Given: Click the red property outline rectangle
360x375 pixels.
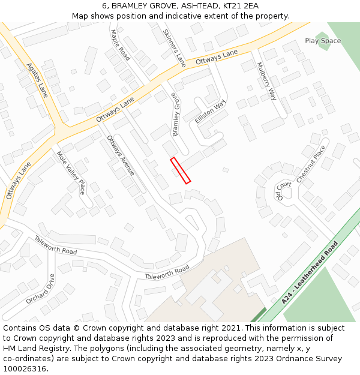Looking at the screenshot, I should click(x=181, y=170).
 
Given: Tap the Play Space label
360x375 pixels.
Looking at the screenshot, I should click(x=322, y=41).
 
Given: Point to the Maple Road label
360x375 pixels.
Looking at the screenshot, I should click(x=120, y=45).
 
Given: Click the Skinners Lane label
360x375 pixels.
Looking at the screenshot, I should click(x=175, y=47).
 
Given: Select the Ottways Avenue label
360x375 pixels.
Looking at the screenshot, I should click(x=120, y=155).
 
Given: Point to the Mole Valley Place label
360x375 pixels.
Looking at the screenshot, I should click(x=71, y=172).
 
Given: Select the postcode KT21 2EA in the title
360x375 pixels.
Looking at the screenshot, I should click(x=239, y=5).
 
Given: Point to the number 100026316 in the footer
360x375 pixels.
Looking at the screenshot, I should click(x=25, y=368).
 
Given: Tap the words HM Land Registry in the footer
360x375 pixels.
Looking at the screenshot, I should click(x=31, y=348).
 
